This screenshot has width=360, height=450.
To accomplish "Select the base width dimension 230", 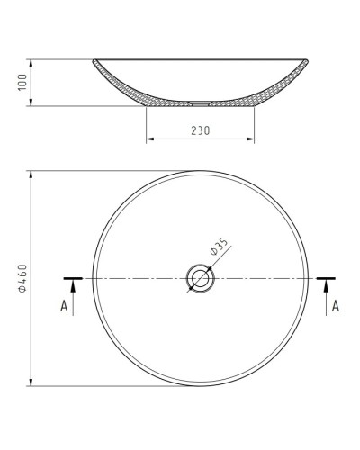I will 200,130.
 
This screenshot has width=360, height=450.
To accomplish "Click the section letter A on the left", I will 65,307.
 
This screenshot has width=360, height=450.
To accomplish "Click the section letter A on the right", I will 335,307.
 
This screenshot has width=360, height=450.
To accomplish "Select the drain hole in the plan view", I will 200,278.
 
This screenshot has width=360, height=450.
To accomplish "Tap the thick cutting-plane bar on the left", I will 74,278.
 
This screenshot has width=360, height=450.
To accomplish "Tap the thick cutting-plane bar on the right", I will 326,278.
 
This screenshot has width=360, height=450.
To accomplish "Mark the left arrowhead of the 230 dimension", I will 149,139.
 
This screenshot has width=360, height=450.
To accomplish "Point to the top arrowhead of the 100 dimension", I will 32,63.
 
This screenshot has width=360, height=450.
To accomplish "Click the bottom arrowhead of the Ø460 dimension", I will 32,383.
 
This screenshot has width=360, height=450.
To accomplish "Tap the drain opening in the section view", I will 200,103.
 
